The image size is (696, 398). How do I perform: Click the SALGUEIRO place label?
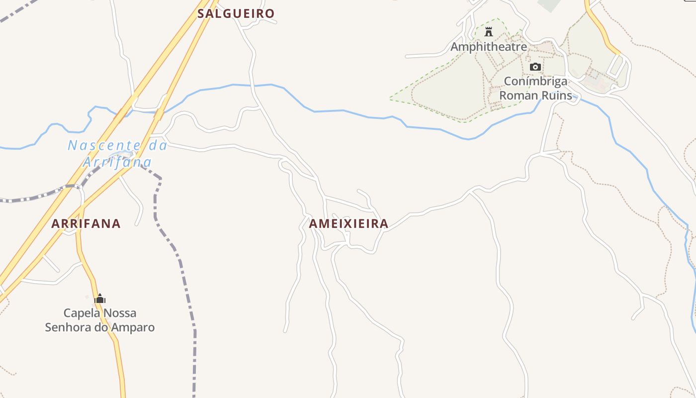tap(236, 13)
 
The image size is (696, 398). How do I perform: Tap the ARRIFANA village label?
tap(86, 224)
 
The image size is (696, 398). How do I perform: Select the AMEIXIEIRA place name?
tap(348, 224)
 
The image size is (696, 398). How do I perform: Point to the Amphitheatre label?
tap(489, 47)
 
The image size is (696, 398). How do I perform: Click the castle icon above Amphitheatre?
tap(489, 32)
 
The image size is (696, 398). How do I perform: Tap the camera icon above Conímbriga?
tap(535, 67)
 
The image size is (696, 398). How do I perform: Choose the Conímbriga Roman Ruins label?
tap(535, 88)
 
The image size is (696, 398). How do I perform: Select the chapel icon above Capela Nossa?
tap(100, 298)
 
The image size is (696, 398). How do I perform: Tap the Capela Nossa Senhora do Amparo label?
tap(100, 320)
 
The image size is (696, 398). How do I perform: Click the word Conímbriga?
tap(535, 81)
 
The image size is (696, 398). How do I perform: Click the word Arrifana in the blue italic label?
tap(117, 162)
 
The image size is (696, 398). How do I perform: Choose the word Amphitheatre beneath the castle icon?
tap(489, 47)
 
